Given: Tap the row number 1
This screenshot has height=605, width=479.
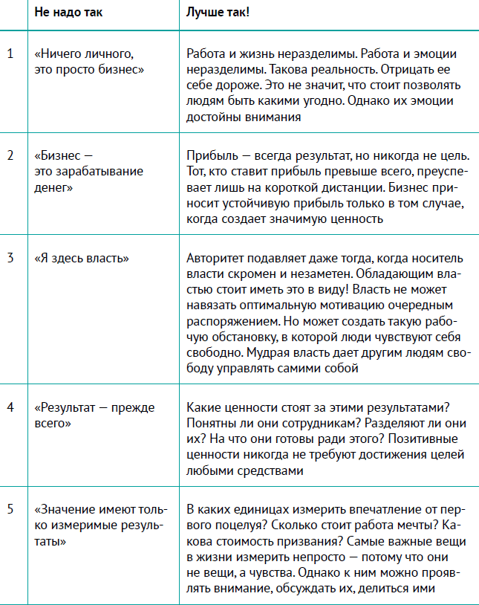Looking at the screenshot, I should (x=10, y=54).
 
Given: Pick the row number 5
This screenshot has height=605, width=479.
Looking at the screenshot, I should (x=10, y=509).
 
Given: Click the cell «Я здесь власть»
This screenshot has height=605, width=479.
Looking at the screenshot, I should (x=82, y=259).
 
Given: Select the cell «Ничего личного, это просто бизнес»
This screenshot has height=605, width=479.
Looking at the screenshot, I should (x=88, y=62).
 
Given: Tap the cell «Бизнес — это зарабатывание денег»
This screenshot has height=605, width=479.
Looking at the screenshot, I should (x=88, y=171).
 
